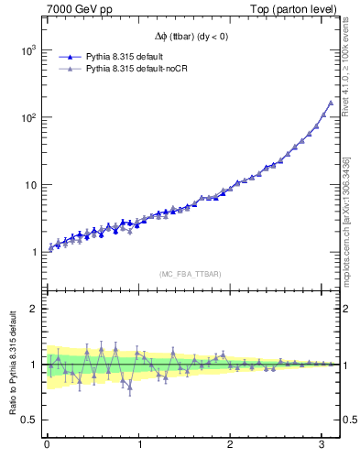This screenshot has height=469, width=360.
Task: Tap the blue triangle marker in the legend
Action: pyautogui.click(x=69, y=57)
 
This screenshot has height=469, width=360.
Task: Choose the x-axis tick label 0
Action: pyautogui.click(x=47, y=446)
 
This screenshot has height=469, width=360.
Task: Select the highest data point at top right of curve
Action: pyautogui.click(x=330, y=103)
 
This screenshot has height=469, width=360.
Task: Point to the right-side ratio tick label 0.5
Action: pyautogui.click(x=348, y=420)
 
